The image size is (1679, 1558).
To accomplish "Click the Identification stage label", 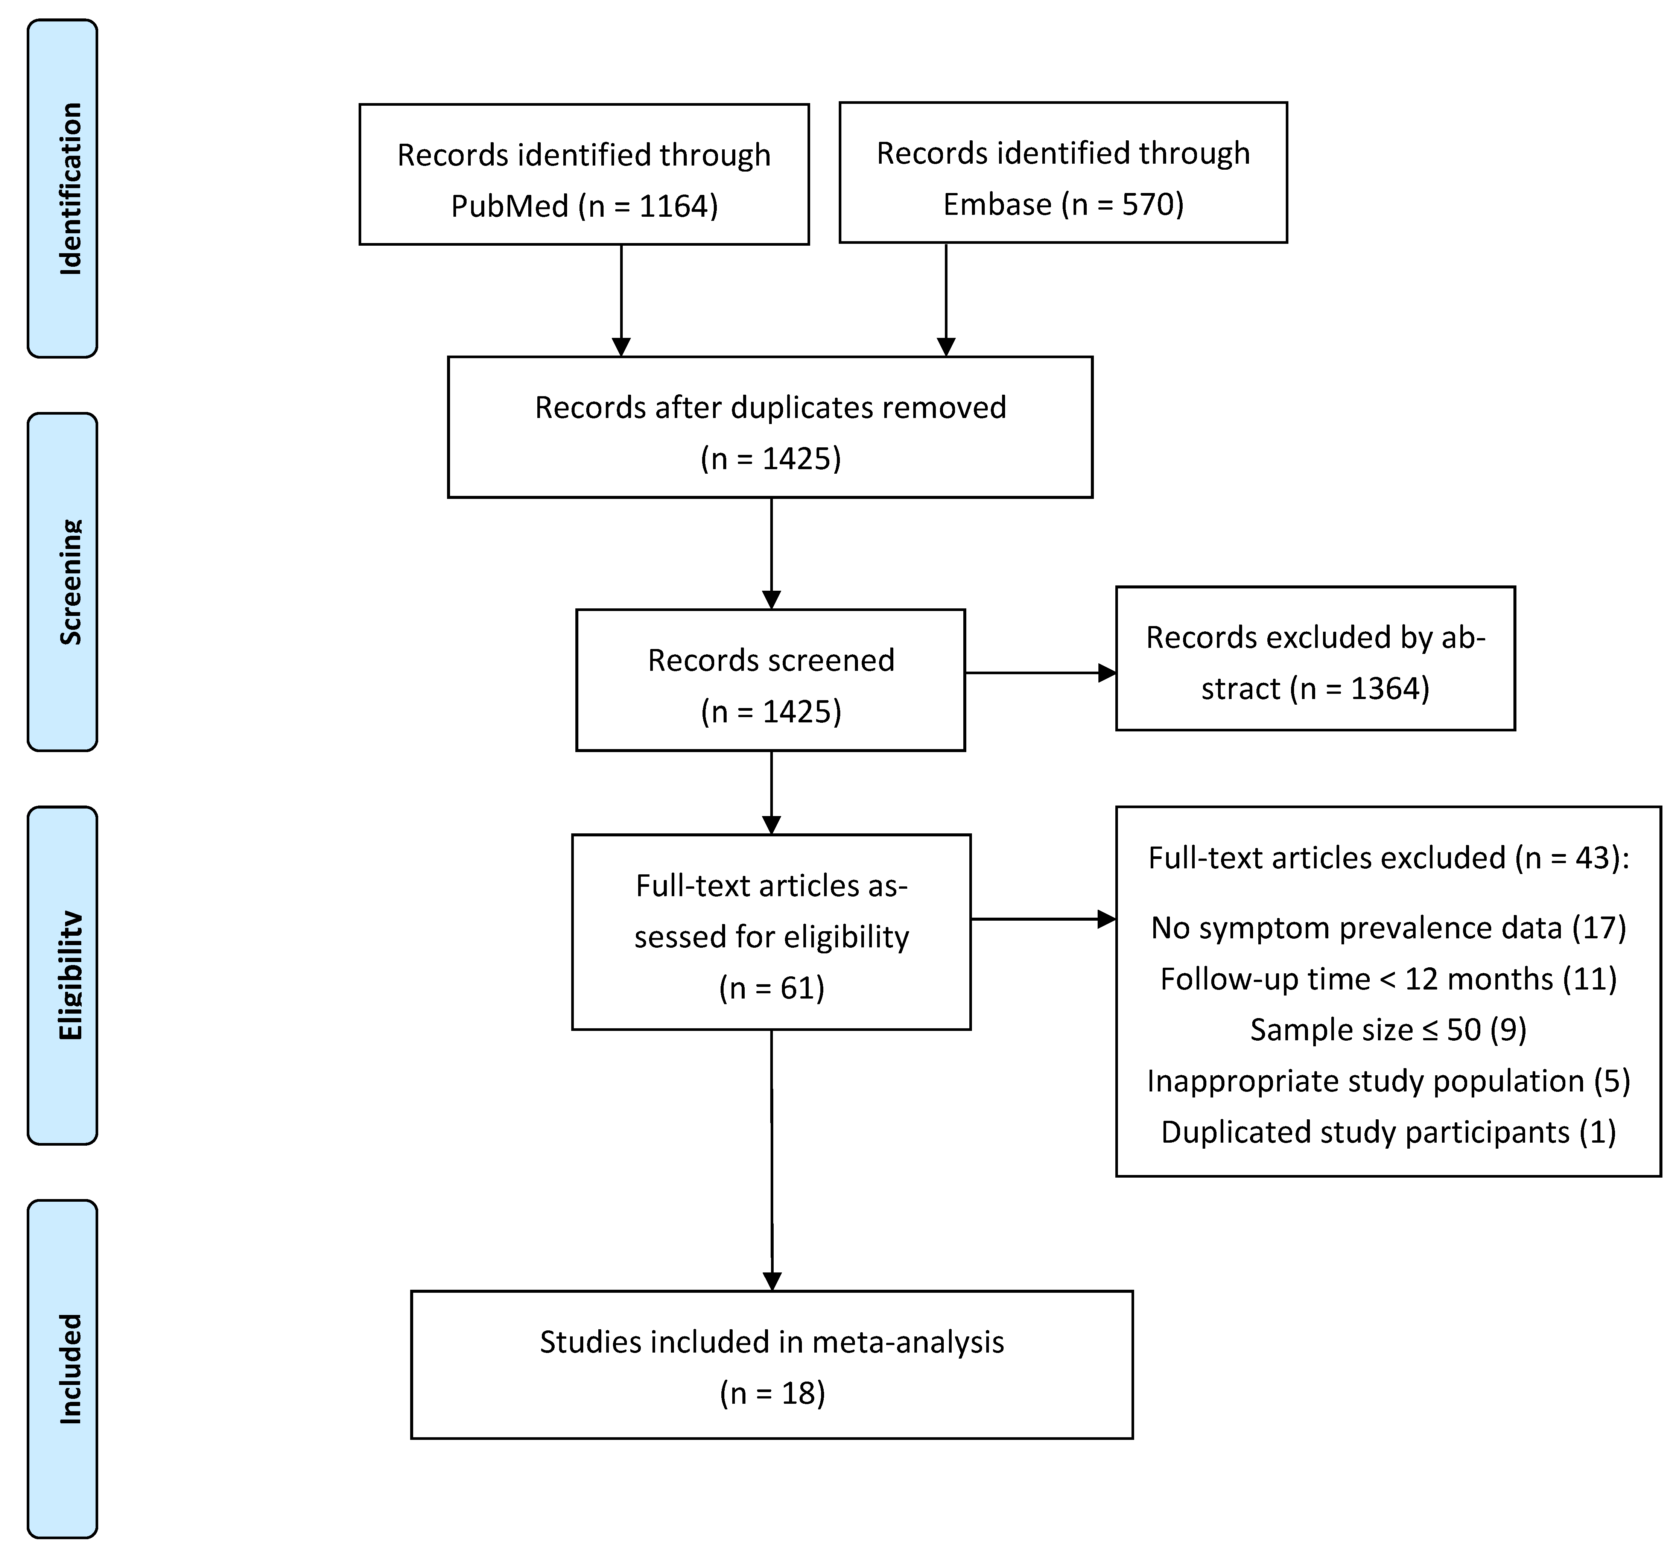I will tap(71, 189).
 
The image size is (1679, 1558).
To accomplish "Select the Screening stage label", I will tap(71, 582).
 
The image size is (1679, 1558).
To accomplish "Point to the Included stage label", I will tap(71, 1368).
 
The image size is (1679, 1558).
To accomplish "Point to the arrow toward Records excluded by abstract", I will tap(1040, 673).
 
